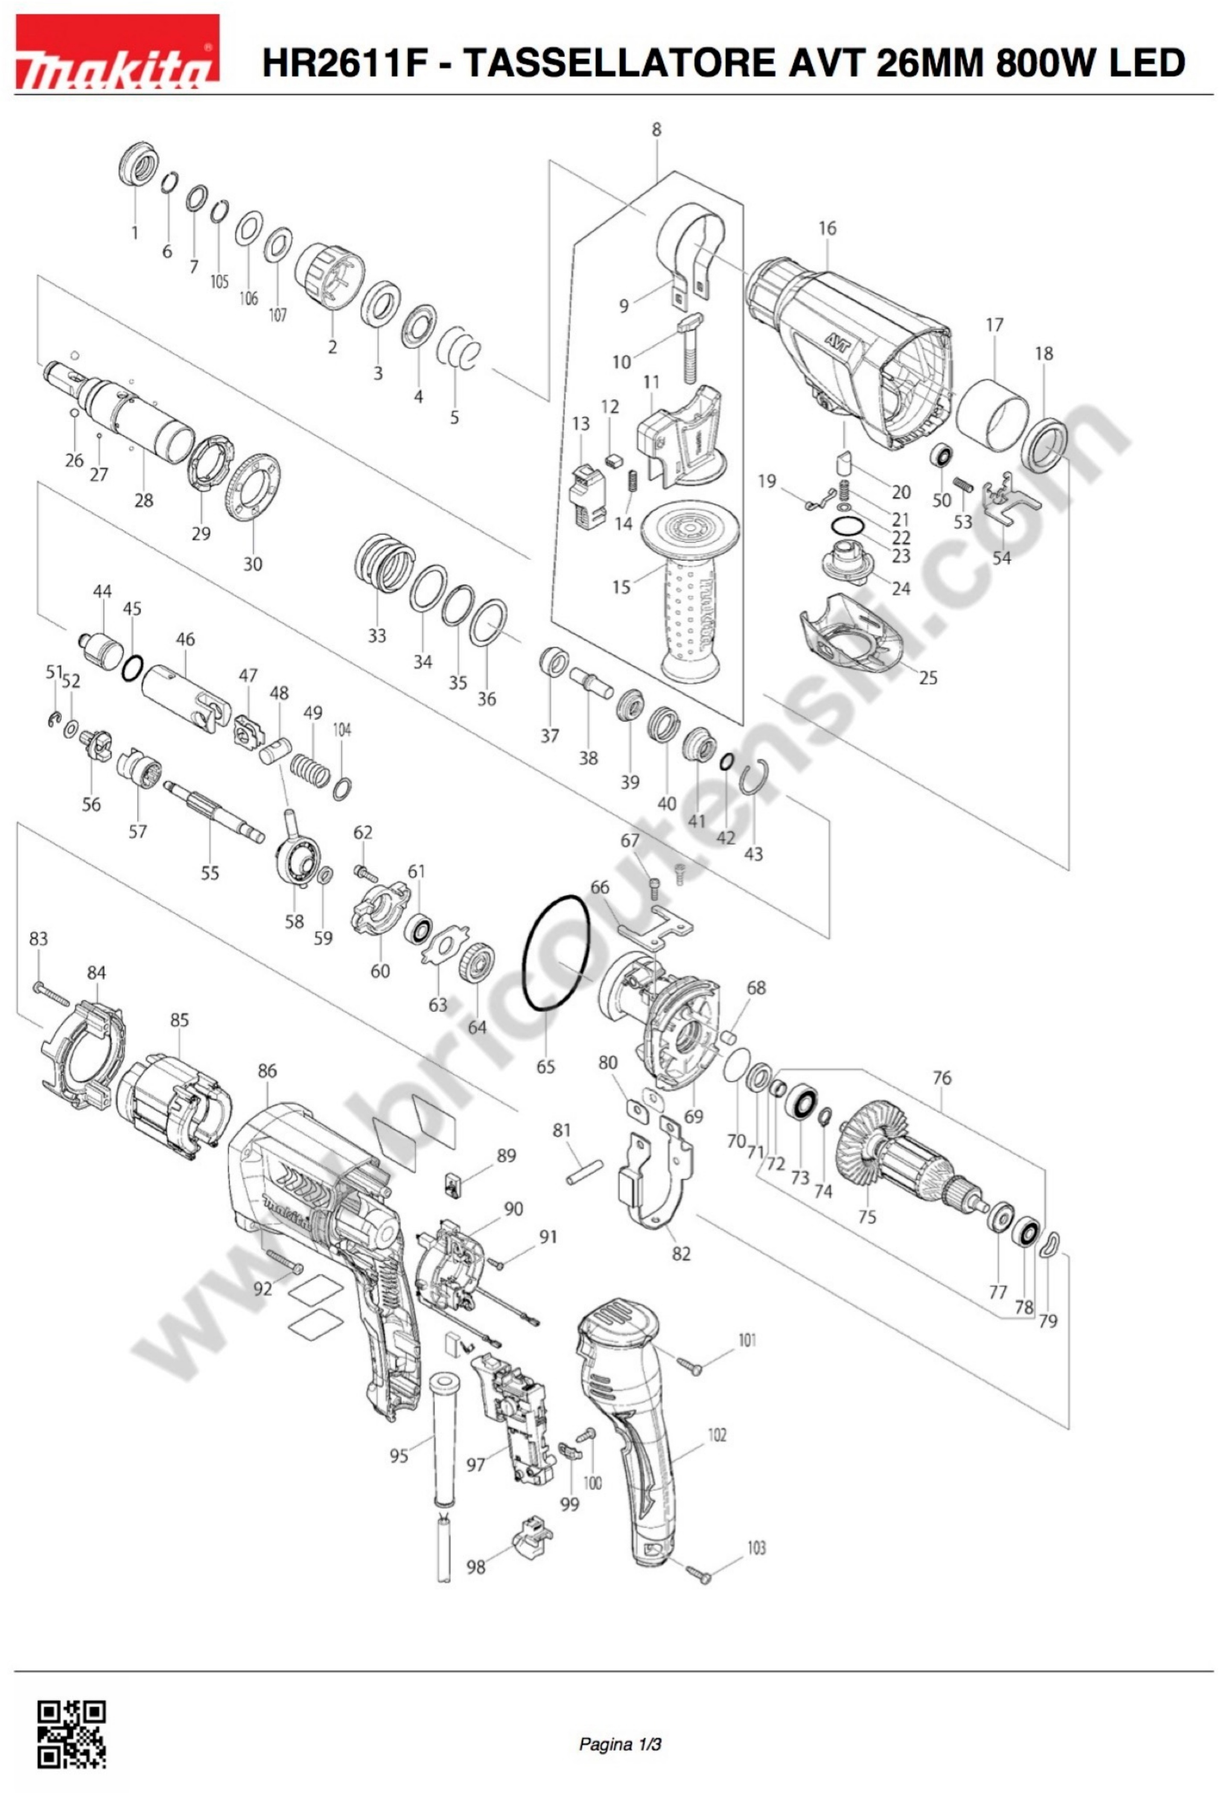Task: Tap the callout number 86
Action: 267,1071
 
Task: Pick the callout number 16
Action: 827,228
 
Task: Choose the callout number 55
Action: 210,873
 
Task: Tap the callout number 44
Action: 102,591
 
